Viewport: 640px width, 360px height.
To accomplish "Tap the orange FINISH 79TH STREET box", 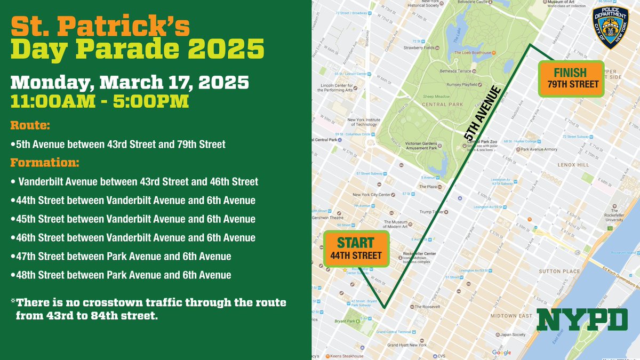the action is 571,78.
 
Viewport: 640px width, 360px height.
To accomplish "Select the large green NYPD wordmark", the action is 582,319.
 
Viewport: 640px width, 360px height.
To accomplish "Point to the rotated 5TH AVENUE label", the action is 482,113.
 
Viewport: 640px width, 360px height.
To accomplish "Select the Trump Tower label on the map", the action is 433,212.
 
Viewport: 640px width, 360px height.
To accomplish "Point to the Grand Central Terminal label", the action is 397,332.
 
